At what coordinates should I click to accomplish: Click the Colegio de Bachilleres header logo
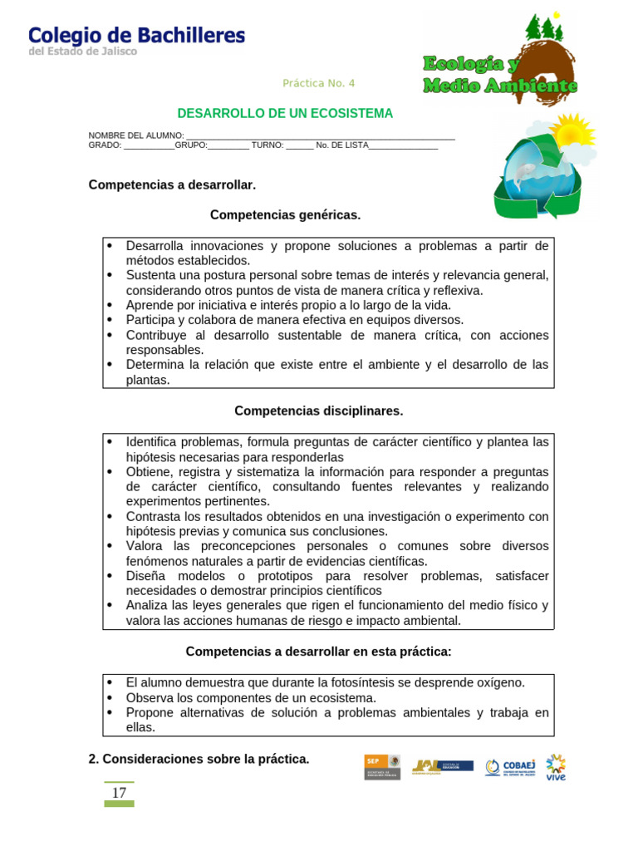136,39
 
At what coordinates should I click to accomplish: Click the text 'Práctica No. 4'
318,83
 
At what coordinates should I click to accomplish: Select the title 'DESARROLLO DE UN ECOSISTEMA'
285,114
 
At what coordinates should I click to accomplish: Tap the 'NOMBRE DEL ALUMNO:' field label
136,135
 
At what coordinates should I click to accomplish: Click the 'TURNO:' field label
267,145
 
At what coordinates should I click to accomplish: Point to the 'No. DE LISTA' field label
341,145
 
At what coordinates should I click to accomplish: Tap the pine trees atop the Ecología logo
545,28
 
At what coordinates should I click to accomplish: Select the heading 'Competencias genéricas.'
285,215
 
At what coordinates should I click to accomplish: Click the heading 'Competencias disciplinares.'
318,411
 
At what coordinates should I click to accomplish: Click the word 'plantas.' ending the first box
148,381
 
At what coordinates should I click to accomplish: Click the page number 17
119,793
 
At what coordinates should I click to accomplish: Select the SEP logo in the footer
382,766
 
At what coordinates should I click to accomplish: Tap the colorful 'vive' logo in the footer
556,767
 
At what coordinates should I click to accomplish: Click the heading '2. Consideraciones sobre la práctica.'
199,759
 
